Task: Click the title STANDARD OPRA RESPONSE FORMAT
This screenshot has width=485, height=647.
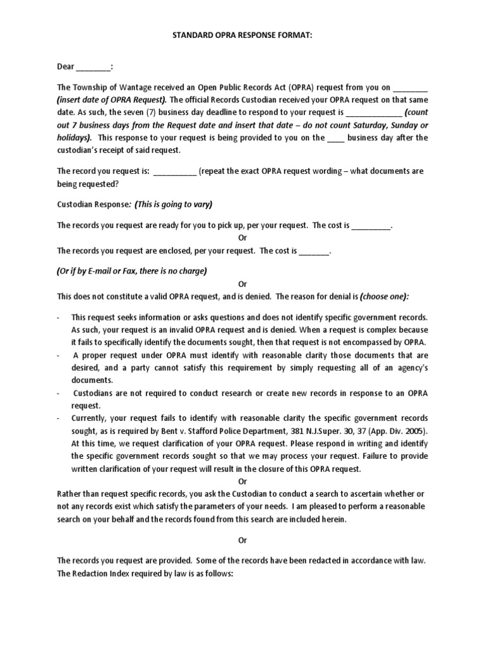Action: (242, 37)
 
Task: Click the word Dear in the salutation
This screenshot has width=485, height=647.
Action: (66, 66)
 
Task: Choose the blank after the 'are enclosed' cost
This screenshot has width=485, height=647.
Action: (314, 251)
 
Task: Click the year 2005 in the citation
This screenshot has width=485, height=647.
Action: (415, 431)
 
